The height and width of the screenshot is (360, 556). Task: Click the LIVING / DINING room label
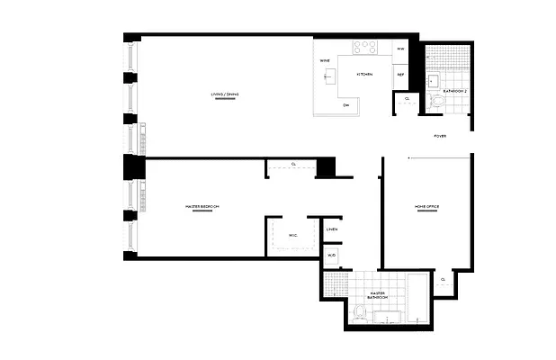226,94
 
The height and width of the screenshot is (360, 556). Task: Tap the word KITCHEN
364,74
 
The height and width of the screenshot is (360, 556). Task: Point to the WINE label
324,60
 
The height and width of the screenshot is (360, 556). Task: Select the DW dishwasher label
346,105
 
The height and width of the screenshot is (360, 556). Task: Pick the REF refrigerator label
400,74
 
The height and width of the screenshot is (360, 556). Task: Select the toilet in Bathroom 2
438,103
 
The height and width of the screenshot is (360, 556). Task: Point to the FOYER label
440,136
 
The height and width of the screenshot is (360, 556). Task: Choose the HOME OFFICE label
426,206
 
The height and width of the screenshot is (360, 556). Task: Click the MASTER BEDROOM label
202,206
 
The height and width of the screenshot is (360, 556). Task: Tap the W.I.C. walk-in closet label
293,235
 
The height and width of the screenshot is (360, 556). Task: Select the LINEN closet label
332,229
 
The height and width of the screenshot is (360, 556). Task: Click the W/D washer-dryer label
332,256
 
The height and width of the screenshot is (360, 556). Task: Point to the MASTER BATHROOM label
378,294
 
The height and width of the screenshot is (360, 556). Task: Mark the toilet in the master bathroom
359,313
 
